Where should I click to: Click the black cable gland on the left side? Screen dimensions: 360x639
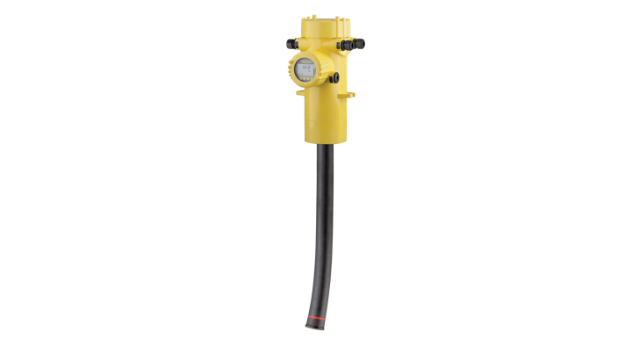coord(287,42)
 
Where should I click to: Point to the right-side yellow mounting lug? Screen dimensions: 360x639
coord(351,92)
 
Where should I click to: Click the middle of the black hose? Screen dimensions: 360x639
coord(323,228)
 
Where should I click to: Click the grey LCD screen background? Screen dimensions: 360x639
coord(306,69)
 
